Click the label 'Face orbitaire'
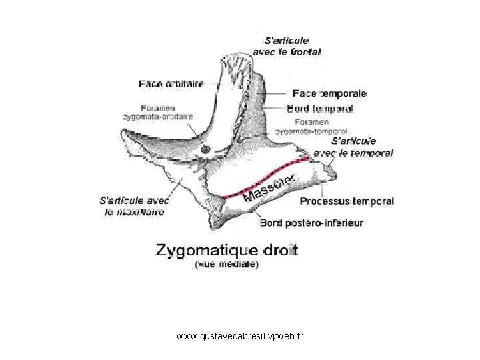171,84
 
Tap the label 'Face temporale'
329,93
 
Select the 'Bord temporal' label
320,109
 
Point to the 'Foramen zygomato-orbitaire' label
158,113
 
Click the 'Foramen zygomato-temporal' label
311,127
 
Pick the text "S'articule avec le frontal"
287,46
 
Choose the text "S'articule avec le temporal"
353,147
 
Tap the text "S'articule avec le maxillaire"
135,206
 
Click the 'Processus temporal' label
347,201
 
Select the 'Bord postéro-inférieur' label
311,223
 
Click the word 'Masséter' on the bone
270,187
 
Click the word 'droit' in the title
281,250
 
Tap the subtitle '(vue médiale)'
227,264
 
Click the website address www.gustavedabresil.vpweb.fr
240,336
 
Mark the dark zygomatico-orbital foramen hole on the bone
205,149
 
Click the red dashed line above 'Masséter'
266,177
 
